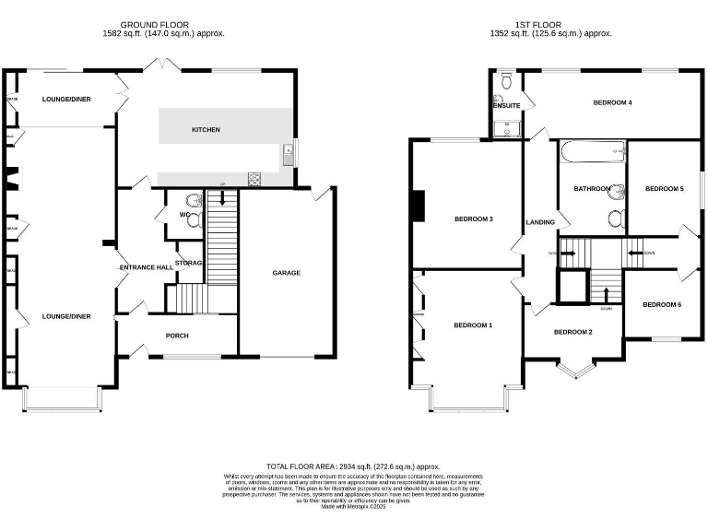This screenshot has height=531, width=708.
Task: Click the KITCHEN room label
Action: click(x=206, y=130)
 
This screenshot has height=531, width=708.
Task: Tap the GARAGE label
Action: click(x=286, y=273)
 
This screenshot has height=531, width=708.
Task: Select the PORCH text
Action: click(x=176, y=336)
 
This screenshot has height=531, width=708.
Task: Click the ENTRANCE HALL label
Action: click(x=147, y=267)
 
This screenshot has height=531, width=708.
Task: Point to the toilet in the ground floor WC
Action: click(x=192, y=201)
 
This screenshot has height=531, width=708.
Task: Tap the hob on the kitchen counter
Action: click(x=254, y=179)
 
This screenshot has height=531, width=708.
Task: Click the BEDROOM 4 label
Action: click(x=611, y=102)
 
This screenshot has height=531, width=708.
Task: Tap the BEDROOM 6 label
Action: click(x=662, y=304)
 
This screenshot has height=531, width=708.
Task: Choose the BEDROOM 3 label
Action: click(x=474, y=219)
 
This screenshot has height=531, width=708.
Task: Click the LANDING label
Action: click(x=540, y=222)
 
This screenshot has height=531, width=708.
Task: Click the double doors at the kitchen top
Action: click(x=166, y=64)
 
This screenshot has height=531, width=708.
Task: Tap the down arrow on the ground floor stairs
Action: click(x=221, y=197)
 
